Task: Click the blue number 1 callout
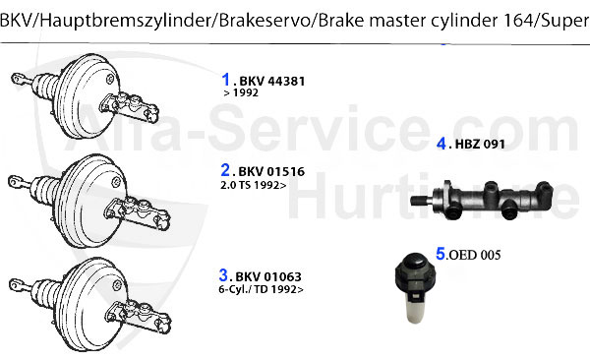coord(225,79)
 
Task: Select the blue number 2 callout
coord(225,170)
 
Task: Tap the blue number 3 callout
coord(224,275)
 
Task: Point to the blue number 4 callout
coord(442,144)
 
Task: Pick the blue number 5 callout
coord(442,253)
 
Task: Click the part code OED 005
coord(475,255)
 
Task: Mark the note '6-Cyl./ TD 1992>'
coord(261,290)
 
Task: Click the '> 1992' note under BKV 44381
coord(242,93)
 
